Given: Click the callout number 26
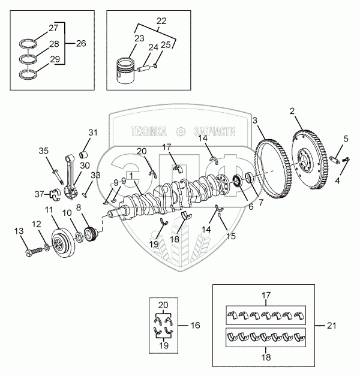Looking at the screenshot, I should point(81,43).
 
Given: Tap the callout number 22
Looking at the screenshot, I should point(160,21).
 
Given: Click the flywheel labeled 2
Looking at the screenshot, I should point(310,158).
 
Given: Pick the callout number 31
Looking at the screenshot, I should point(92,132).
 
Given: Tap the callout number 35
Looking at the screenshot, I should point(43,151).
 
